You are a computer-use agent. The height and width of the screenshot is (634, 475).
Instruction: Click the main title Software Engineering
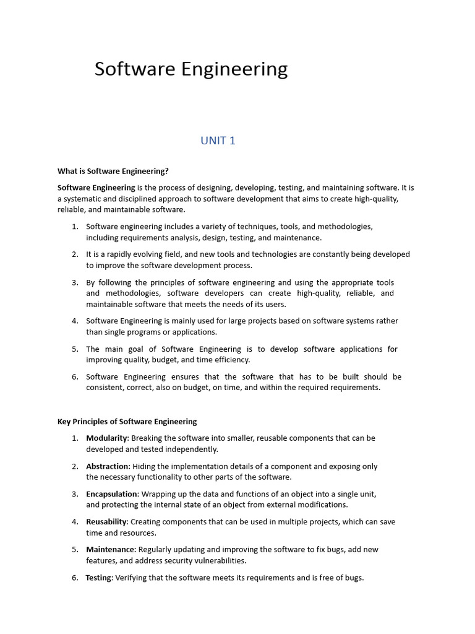tap(191, 69)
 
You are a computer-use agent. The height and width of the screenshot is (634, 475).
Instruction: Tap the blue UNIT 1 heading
tap(218, 141)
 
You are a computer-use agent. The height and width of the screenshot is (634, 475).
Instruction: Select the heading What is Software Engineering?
tap(113, 171)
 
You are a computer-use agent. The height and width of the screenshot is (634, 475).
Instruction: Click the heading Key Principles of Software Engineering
tap(127, 422)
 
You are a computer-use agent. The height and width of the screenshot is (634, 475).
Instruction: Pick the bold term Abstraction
tap(108, 466)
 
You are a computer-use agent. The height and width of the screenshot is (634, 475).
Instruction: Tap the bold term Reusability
tap(106, 522)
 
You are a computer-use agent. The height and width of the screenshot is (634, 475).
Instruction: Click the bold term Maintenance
tap(110, 550)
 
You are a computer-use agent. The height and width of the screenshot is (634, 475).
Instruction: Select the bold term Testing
tap(99, 578)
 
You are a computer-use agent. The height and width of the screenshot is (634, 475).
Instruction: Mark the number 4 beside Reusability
tap(74, 522)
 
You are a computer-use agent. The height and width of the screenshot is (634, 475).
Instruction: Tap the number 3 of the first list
tap(74, 282)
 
